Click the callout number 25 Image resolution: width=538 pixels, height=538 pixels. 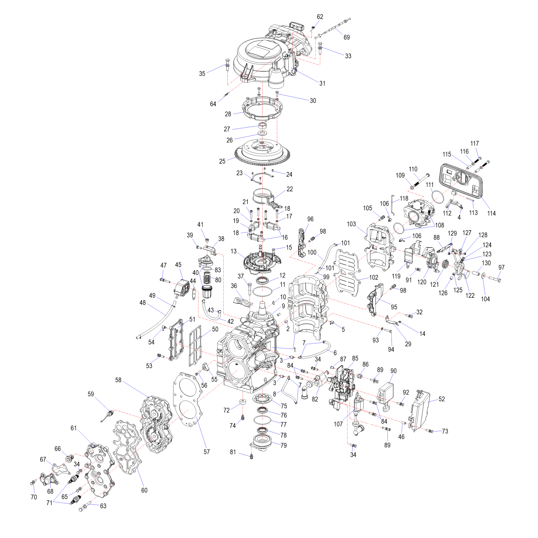coord(222,161)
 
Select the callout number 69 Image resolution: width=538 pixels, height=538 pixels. coord(347,37)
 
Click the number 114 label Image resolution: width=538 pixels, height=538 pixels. coord(491,213)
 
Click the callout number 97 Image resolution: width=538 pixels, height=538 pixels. coord(501,267)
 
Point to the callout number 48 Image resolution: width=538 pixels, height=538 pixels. coord(143,302)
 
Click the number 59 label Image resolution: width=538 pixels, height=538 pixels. coord(91,394)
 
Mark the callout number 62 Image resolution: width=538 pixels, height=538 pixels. coord(320,17)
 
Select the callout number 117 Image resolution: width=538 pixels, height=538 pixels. coord(475,143)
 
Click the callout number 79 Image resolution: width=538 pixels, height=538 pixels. coord(284,445)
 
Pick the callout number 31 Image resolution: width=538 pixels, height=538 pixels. coord(322,83)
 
